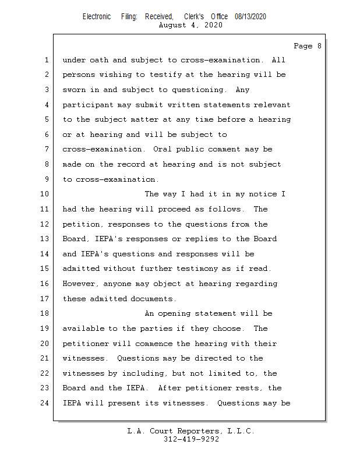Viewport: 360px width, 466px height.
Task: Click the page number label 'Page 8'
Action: click(307, 46)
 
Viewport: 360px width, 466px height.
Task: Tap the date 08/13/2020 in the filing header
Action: click(250, 17)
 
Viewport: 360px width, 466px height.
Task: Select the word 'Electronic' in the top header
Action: click(97, 17)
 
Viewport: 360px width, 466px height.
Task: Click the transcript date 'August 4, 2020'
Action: click(190, 25)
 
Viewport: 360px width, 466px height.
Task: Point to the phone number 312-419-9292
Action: click(191, 439)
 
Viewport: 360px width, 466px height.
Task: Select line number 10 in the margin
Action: click(45, 195)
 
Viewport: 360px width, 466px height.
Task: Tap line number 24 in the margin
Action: click(45, 403)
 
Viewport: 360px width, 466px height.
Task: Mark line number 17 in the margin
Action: click(45, 299)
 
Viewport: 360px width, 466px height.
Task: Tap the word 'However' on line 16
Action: click(80, 284)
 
